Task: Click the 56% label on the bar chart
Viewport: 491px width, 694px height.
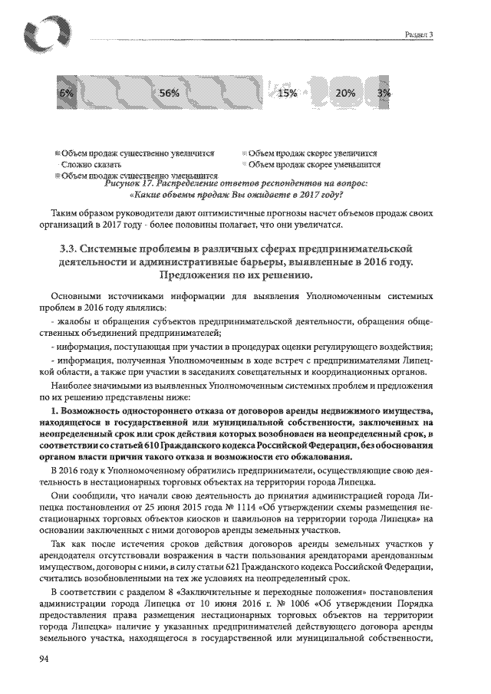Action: click(169, 93)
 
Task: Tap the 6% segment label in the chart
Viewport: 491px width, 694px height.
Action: click(66, 93)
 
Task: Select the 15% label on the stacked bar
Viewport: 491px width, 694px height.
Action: click(286, 93)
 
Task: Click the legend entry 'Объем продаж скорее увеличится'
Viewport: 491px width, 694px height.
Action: click(313, 153)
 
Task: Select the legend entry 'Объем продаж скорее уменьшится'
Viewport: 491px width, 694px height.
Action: click(315, 163)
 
